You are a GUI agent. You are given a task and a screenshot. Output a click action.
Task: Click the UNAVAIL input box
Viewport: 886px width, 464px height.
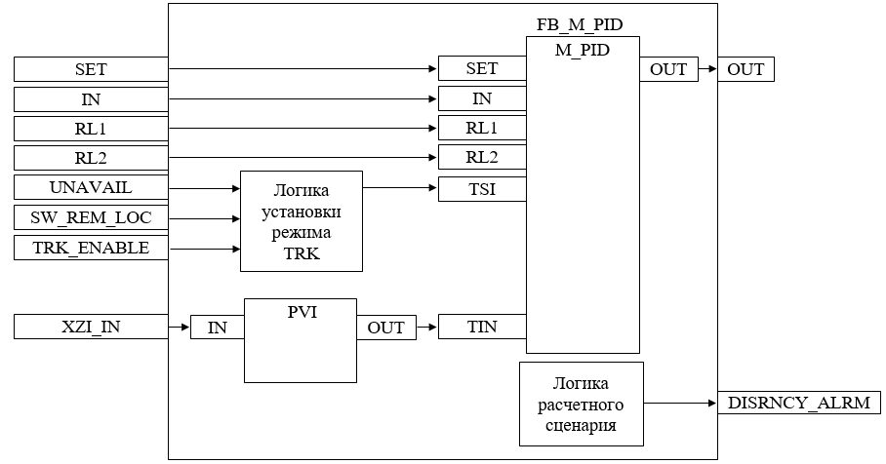tap(91, 188)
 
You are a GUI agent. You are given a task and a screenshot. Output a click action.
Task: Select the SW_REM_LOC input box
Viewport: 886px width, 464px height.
tap(91, 218)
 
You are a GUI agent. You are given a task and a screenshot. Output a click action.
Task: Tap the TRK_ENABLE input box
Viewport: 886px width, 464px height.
tap(91, 249)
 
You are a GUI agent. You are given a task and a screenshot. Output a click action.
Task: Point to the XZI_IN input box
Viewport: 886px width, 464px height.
tap(91, 327)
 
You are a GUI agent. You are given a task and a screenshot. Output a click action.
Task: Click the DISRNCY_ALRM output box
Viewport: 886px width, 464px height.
tap(799, 402)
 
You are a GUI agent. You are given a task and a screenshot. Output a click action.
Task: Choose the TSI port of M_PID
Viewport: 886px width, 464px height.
tap(482, 189)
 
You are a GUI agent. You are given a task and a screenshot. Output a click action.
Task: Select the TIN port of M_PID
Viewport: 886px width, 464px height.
tap(482, 327)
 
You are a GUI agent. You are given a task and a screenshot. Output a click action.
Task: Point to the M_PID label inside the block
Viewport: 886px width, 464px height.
tap(583, 50)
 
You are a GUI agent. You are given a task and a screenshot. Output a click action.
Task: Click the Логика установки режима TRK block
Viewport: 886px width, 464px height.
tap(301, 220)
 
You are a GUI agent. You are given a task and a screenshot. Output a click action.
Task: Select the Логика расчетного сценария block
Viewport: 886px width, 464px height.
tap(582, 402)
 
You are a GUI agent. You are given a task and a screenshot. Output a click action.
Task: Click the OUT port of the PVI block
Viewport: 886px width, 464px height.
tap(385, 328)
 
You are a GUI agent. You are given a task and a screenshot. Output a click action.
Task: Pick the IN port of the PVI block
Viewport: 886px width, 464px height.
tap(217, 328)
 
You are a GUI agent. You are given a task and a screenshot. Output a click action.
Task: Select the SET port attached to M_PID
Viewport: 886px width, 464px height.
tap(482, 68)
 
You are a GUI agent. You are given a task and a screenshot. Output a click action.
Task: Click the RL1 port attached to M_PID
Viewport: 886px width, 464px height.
tap(482, 128)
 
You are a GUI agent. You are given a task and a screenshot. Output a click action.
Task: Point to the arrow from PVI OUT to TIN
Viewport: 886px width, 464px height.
tap(426, 328)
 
